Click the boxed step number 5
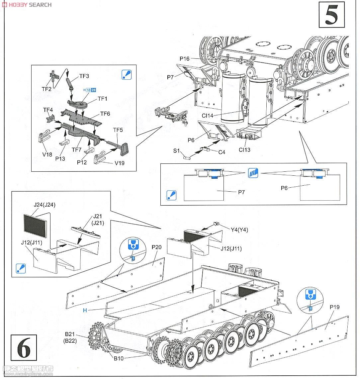pos(331,15)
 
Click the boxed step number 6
pos(24,348)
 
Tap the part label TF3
pos(84,76)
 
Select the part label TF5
pos(118,130)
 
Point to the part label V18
pos(47,154)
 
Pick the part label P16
pos(184,59)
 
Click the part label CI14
pos(208,116)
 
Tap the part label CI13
pos(244,150)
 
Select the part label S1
pos(176,151)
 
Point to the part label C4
pos(222,152)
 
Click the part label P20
pos(156,247)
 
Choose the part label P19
pos(334,307)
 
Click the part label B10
pos(119,358)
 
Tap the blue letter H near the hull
pos(85,310)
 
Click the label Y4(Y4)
pos(239,230)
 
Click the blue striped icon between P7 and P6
pos(253,173)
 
